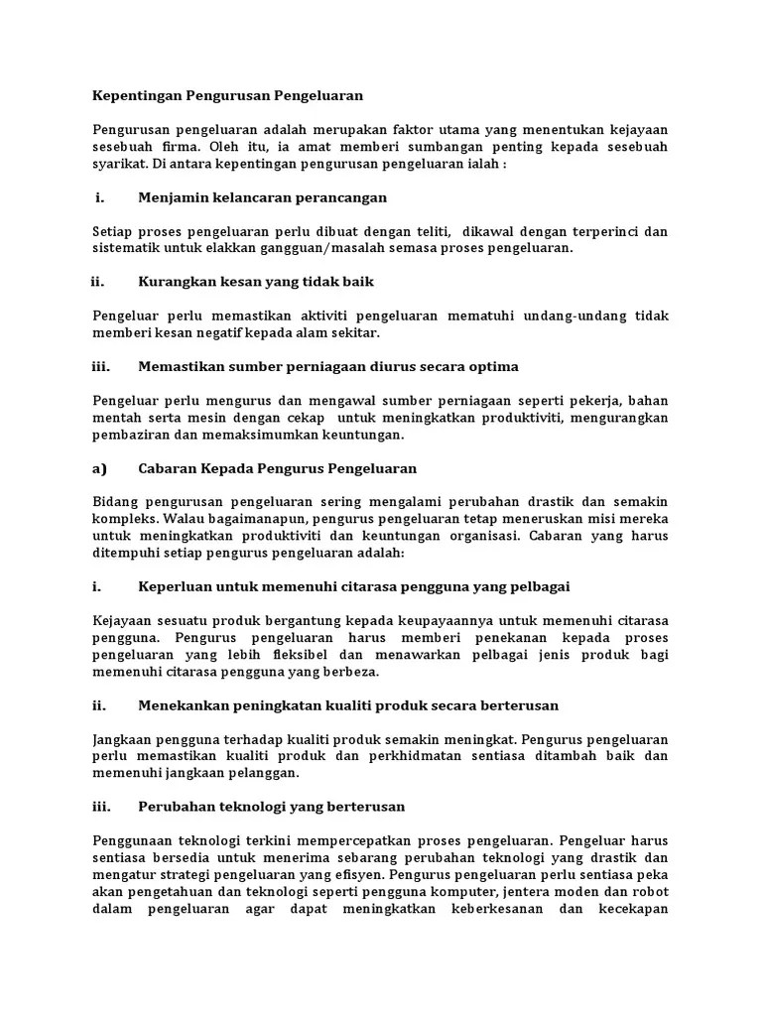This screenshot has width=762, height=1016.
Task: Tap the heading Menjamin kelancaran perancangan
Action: coord(263,197)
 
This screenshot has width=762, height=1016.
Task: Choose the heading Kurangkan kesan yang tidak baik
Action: coord(256,282)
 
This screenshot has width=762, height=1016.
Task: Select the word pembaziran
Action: coord(131,435)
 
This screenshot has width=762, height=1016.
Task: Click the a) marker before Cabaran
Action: coord(99,468)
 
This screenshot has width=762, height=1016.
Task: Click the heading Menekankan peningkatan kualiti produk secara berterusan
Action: coord(348,705)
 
